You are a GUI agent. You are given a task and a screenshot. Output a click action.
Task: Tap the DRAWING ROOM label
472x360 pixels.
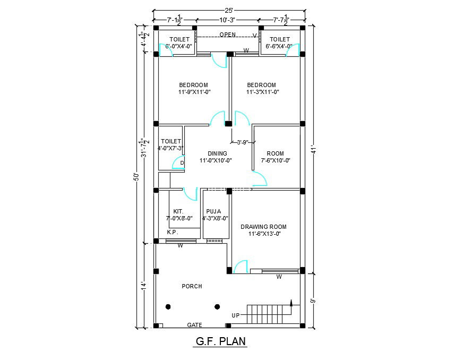[264, 227]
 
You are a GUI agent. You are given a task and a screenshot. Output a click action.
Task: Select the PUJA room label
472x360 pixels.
[214, 211]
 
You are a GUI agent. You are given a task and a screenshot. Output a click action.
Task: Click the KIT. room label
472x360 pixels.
[178, 211]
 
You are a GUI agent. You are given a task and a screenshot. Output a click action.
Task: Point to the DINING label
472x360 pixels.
[217, 153]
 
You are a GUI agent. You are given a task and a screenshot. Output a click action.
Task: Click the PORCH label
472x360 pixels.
[192, 286]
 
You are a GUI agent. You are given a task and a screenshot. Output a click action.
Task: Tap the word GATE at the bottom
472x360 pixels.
[195, 325]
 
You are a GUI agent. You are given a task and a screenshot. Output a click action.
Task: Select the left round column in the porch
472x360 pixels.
[168, 306]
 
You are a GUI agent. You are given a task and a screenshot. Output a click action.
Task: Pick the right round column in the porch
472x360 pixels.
[217, 306]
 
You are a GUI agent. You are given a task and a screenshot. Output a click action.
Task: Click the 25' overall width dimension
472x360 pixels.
[228, 10]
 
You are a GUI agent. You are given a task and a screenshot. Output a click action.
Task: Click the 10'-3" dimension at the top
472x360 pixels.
[227, 20]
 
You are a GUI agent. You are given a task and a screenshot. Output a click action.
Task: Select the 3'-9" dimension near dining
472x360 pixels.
[243, 142]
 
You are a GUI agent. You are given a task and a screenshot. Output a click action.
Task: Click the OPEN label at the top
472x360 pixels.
[227, 35]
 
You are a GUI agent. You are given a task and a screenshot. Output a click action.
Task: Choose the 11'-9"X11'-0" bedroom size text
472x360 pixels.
[194, 92]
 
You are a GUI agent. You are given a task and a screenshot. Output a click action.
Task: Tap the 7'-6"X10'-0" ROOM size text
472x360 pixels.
[276, 160]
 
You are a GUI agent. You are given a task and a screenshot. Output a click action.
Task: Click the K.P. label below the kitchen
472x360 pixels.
[173, 232]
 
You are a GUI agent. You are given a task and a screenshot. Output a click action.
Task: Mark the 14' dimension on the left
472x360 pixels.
[143, 286]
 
